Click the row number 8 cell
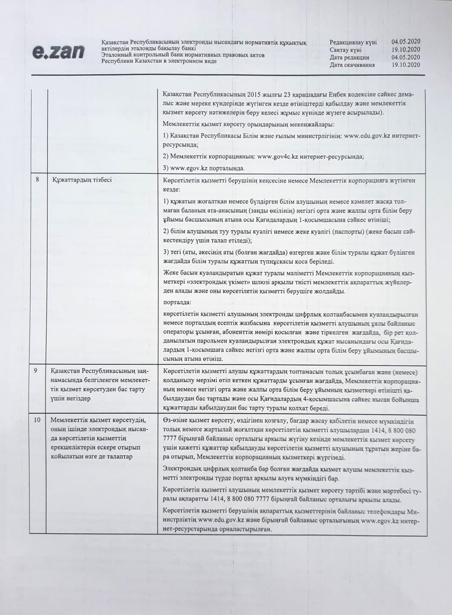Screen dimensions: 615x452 pyautogui.click(x=38, y=180)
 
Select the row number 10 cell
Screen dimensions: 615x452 pyautogui.click(x=37, y=420)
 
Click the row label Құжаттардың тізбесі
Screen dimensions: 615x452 pyautogui.click(x=82, y=180)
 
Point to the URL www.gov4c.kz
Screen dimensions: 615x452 pyautogui.click(x=277, y=157)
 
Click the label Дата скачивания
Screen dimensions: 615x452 pyautogui.click(x=352, y=65)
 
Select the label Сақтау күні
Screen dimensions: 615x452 pyautogui.click(x=345, y=50)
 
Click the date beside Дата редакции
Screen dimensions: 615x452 pyautogui.click(x=406, y=58)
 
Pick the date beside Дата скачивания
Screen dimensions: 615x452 pyautogui.click(x=406, y=65)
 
